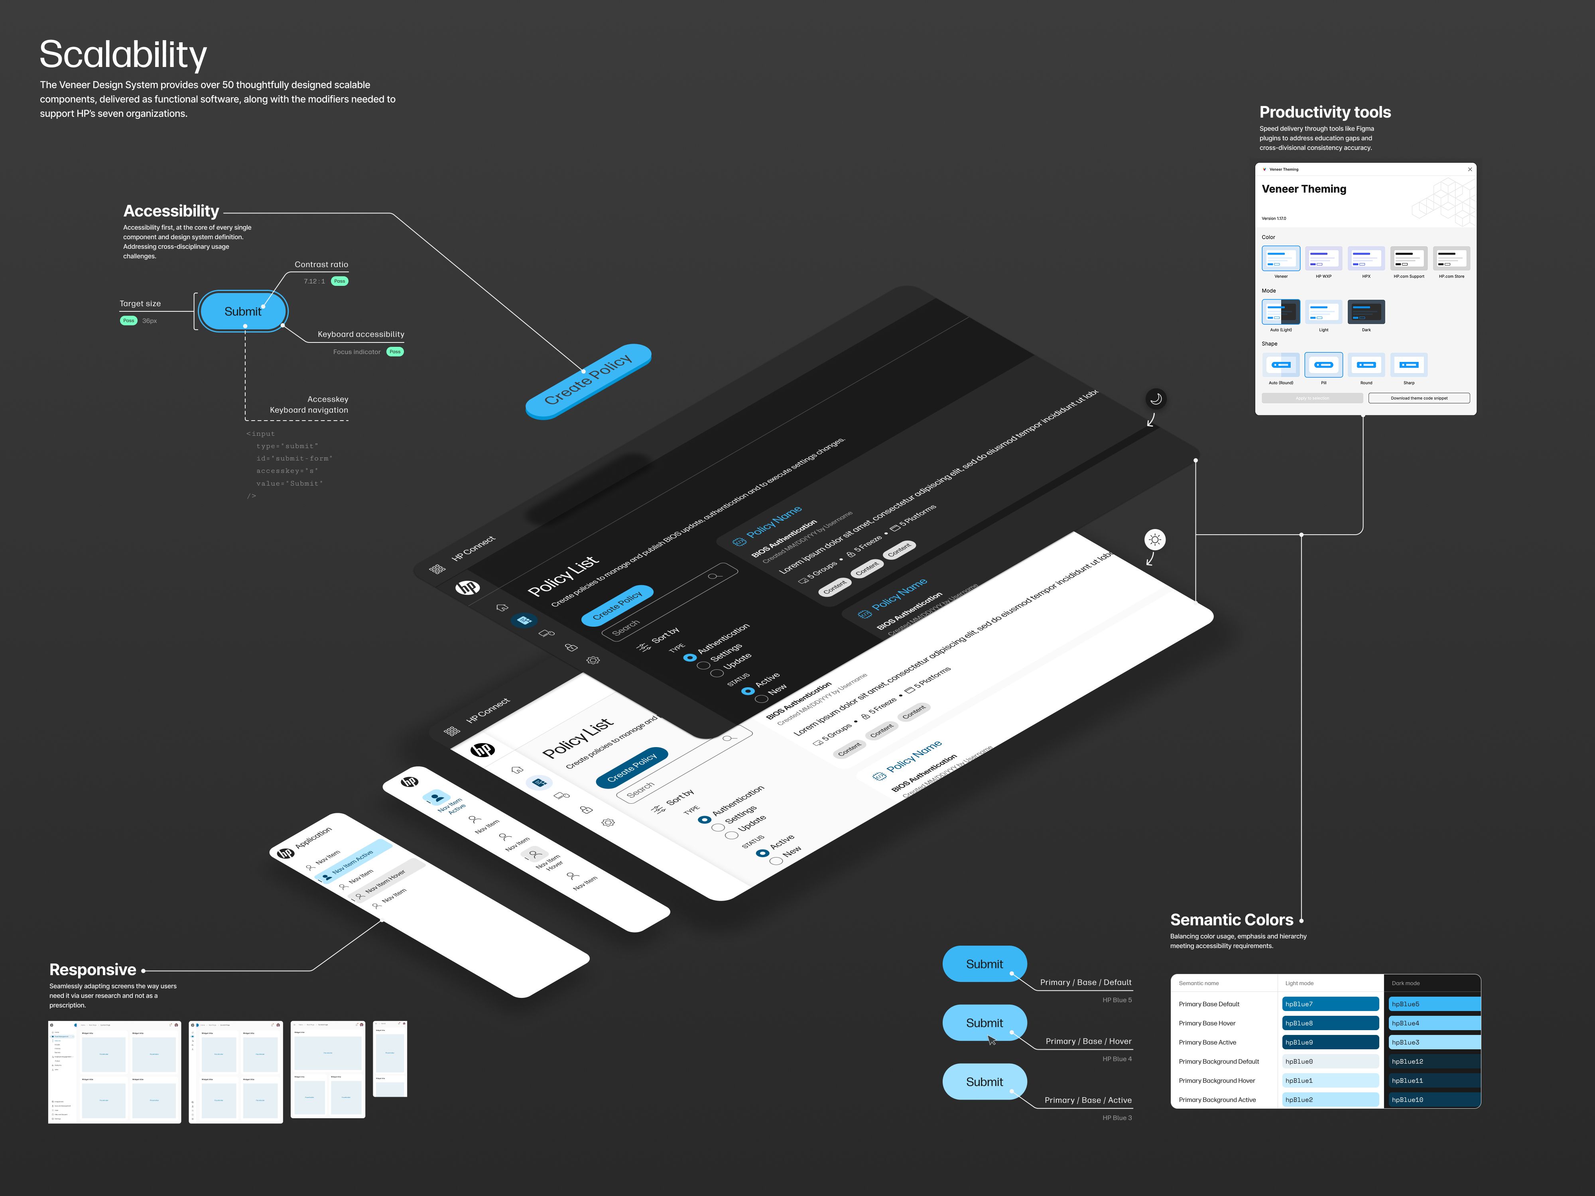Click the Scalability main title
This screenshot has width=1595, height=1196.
coord(123,55)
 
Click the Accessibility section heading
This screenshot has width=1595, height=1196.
coord(171,211)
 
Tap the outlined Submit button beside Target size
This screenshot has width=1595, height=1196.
coord(243,311)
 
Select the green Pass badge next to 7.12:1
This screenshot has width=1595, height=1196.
coord(340,281)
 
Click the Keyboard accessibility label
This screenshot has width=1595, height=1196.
coord(360,334)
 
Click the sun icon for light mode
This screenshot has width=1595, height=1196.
coord(1155,540)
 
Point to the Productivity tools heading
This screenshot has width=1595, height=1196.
coord(1325,112)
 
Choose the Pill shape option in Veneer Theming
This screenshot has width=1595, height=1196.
coord(1323,365)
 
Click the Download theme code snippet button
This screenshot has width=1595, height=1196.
coord(1418,398)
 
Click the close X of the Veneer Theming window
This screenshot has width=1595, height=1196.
coord(1469,169)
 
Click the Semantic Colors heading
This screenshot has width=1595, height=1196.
coord(1232,920)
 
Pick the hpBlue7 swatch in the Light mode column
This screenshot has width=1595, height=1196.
coord(1330,1004)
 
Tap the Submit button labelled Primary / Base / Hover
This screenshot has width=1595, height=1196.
coord(984,1023)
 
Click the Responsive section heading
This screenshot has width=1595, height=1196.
coord(93,970)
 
